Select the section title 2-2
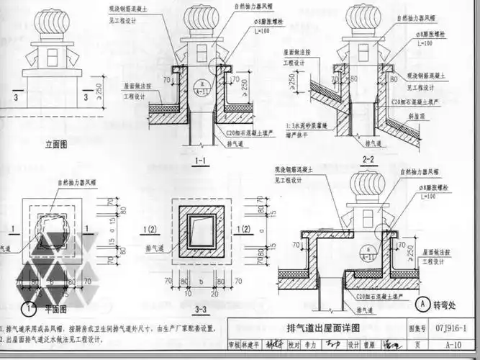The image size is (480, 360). point(368,159)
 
